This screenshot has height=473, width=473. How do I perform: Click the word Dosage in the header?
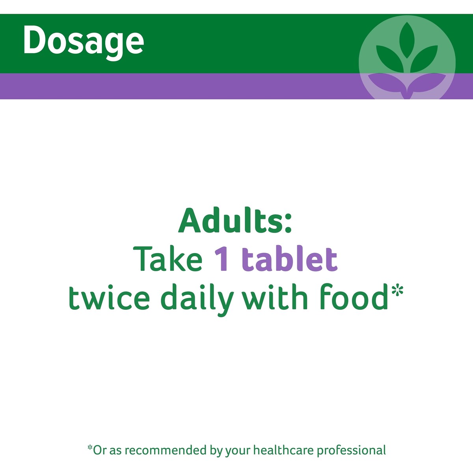[84, 42]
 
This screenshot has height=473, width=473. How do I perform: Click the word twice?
[109, 298]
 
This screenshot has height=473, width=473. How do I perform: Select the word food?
[354, 297]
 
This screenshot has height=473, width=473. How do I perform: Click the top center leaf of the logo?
[407, 40]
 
